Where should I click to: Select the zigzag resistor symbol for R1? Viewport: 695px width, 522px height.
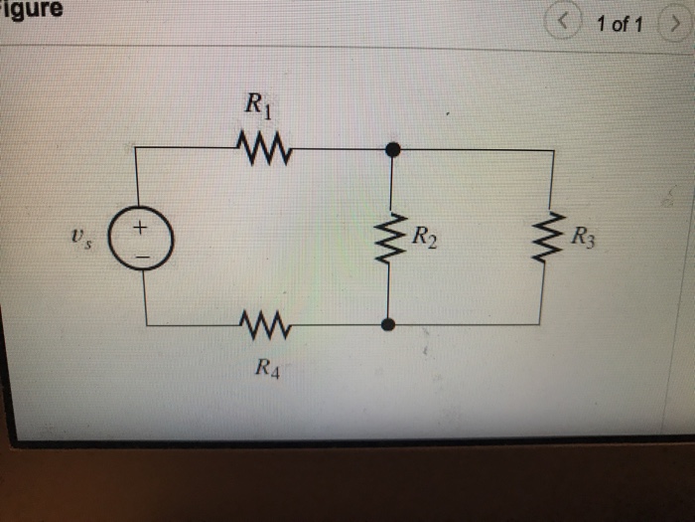[263, 149]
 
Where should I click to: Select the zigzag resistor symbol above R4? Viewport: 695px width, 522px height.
[264, 323]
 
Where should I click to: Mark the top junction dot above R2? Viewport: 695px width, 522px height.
[392, 150]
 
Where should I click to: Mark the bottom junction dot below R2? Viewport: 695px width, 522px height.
[389, 323]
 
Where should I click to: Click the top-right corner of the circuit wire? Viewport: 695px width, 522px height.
[552, 151]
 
